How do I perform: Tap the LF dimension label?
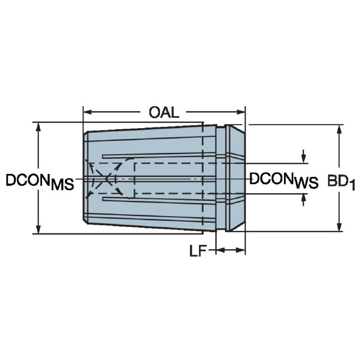click(198, 251)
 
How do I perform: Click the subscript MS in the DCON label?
click(63, 185)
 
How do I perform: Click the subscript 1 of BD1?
click(352, 186)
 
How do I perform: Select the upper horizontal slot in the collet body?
click(168, 158)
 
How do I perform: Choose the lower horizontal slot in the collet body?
click(168, 200)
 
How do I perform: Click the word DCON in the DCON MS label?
click(27, 179)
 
